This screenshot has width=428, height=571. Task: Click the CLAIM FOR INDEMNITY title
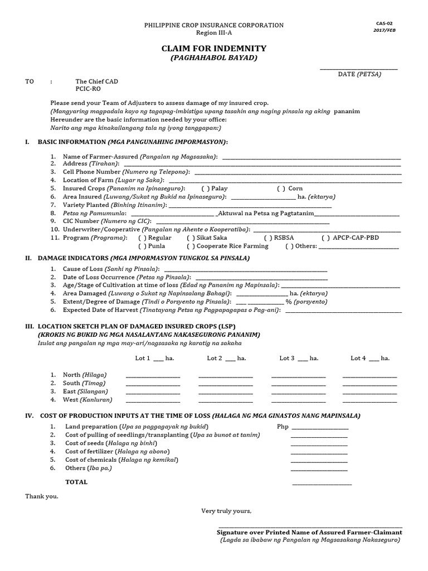pyautogui.click(x=214, y=49)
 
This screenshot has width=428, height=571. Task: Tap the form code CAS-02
pyautogui.click(x=385, y=23)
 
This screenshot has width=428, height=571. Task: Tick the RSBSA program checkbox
pyautogui.click(x=267, y=238)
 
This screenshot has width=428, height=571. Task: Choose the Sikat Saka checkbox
pyautogui.click(x=191, y=238)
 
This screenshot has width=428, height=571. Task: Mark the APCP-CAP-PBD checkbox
pyautogui.click(x=325, y=238)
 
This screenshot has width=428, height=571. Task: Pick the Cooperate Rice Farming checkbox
pyautogui.click(x=191, y=246)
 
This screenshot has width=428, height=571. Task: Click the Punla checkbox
pyautogui.click(x=142, y=246)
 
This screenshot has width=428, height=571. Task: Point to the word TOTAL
pyautogui.click(x=76, y=482)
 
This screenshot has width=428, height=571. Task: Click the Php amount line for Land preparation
pyautogui.click(x=319, y=428)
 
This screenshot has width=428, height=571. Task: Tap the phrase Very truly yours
pyautogui.click(x=226, y=511)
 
